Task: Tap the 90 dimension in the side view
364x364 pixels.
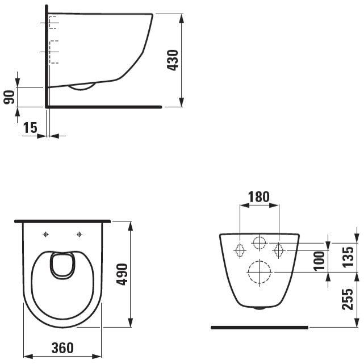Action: [9, 97]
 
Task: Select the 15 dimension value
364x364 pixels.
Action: [31, 128]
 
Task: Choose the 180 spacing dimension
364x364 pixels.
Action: [259, 197]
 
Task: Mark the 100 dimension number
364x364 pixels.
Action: [319, 261]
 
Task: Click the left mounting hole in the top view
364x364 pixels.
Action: [45, 234]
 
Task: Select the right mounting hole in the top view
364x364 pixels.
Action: [79, 234]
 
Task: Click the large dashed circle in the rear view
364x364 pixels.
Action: [259, 272]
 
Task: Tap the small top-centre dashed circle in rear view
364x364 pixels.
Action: [259, 244]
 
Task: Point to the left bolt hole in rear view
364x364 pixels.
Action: [240, 250]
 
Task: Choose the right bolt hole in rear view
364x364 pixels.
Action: [279, 250]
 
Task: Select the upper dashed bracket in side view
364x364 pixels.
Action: [53, 22]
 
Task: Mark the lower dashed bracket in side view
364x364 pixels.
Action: [53, 52]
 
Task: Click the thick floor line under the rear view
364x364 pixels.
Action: [259, 328]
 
